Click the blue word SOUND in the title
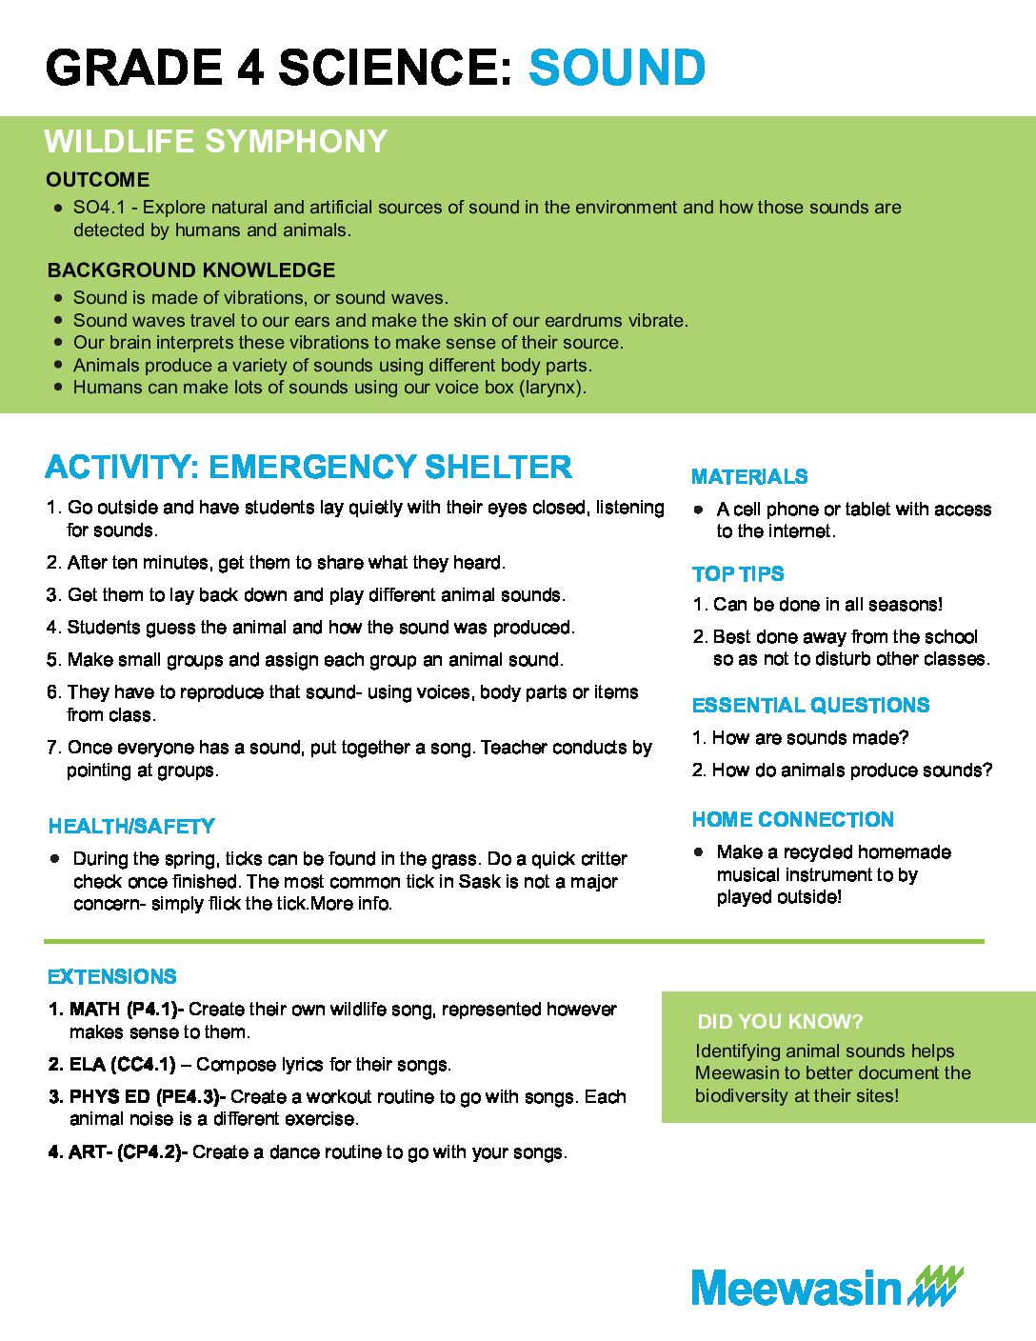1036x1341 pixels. coord(616,69)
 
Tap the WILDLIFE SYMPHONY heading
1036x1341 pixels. coord(215,142)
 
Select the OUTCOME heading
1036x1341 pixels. coord(97,180)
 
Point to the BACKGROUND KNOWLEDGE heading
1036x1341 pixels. coord(191,270)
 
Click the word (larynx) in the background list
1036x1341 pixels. coord(552,388)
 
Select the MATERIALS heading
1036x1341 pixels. coord(749,477)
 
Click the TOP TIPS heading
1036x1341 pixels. coord(738,574)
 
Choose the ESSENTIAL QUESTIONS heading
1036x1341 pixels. coord(810,706)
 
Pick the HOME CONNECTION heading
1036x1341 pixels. coord(792,820)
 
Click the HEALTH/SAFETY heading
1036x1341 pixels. coord(131,827)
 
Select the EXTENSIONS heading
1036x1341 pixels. coord(112,977)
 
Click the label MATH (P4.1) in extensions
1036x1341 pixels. coord(126,1010)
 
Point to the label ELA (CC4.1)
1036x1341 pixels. coord(122,1065)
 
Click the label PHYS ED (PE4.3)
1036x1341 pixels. coord(146,1097)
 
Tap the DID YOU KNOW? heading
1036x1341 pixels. coord(780,1022)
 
